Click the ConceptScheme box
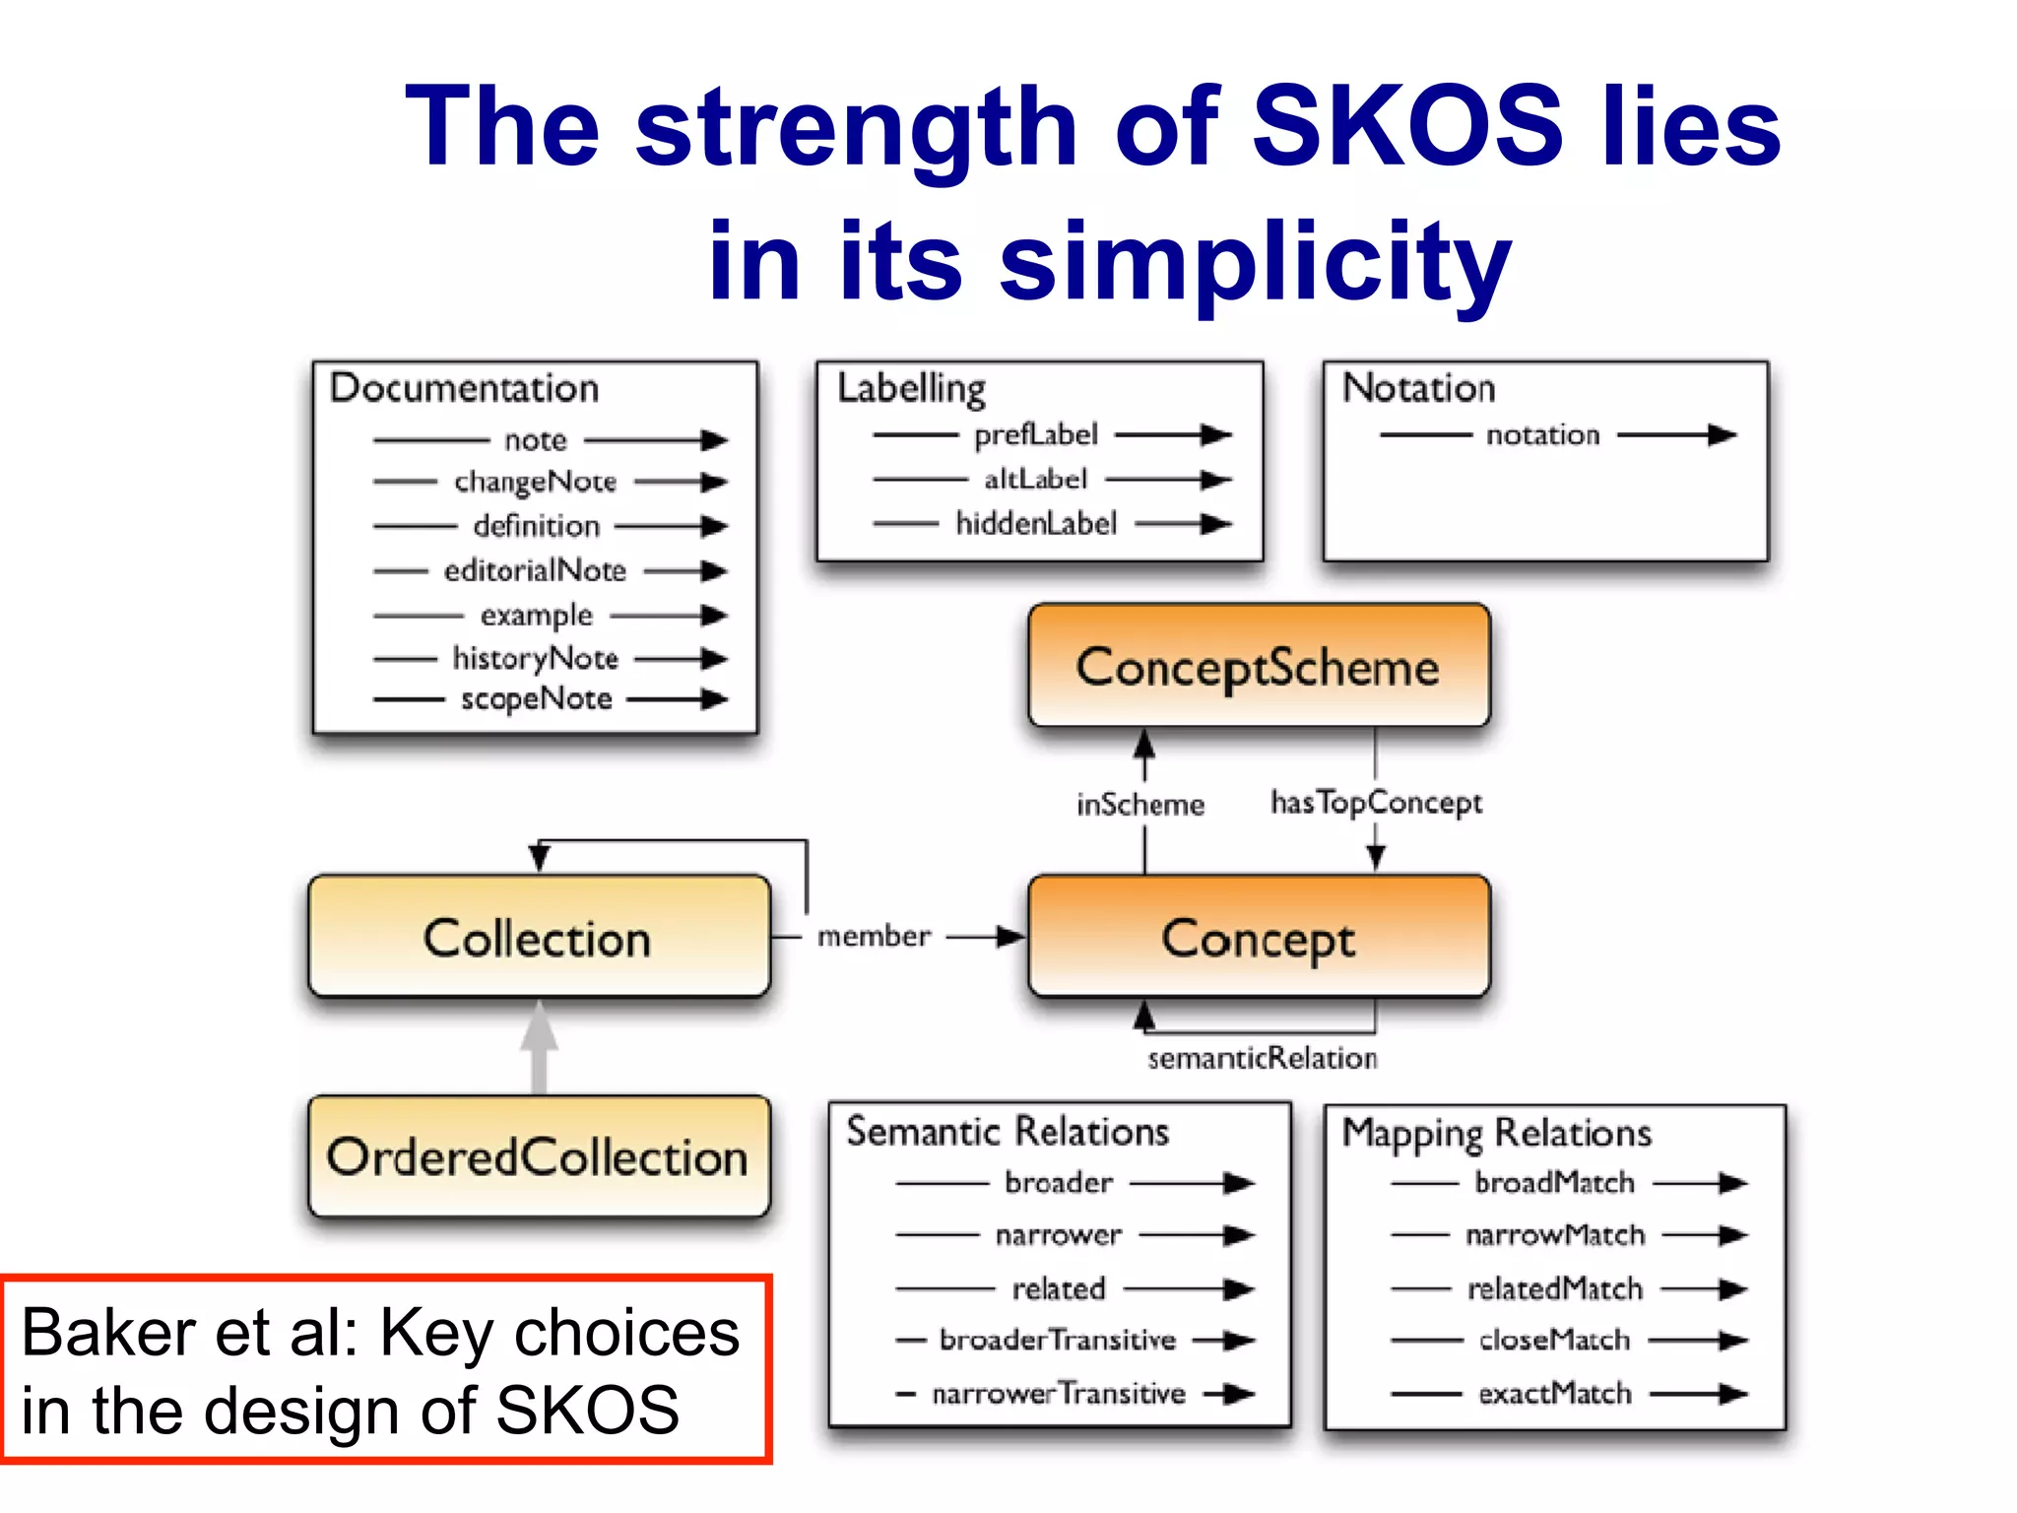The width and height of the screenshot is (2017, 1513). [x=1258, y=667]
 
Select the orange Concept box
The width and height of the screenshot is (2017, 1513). [x=1258, y=937]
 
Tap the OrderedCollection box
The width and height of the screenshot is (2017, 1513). [x=538, y=1157]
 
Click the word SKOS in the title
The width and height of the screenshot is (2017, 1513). [x=1406, y=126]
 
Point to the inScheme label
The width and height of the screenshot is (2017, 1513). [x=1139, y=805]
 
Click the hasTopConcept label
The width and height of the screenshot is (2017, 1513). [x=1376, y=803]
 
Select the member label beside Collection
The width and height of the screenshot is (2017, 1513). [x=874, y=936]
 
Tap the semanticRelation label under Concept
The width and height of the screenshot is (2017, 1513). [x=1262, y=1059]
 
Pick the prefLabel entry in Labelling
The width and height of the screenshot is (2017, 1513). [x=1035, y=434]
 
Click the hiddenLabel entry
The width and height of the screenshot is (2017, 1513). [x=1036, y=523]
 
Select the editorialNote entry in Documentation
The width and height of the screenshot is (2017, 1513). [x=535, y=570]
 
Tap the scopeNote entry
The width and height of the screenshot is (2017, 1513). [x=537, y=699]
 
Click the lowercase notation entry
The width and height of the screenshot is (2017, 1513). [x=1542, y=434]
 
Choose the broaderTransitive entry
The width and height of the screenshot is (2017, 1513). [x=1058, y=1341]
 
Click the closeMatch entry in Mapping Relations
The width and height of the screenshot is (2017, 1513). [x=1554, y=1341]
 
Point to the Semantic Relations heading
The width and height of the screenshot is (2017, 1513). [x=1008, y=1132]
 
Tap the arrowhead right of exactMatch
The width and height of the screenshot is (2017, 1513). [x=1731, y=1394]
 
